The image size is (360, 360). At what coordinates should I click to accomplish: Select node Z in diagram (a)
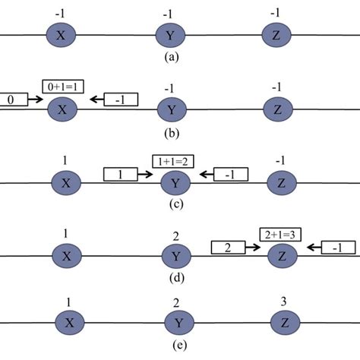click(276, 35)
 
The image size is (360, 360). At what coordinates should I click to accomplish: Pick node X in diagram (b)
click(62, 109)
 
